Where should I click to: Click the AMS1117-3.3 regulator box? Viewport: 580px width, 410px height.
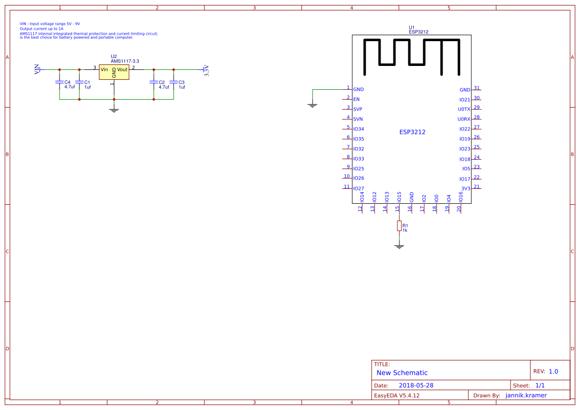point(114,71)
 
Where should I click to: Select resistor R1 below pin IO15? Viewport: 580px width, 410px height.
point(399,226)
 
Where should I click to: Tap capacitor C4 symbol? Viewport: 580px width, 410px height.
point(60,82)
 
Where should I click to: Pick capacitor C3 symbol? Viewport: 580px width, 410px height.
point(174,82)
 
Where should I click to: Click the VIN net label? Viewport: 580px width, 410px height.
point(37,69)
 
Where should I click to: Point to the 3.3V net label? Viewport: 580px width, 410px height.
point(206,70)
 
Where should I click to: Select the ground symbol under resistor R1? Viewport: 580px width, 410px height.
point(399,246)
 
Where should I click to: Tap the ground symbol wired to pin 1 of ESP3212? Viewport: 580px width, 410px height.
point(313,105)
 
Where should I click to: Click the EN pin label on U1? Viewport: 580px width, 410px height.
point(356,99)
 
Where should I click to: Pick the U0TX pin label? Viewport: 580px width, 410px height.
point(464,109)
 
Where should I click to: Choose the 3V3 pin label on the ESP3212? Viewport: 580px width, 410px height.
point(465,188)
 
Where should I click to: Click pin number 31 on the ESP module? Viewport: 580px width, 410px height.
point(477,88)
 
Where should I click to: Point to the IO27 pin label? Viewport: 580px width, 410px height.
point(359,188)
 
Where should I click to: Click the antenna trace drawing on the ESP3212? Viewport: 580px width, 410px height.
point(411,55)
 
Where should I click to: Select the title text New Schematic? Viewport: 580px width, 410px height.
point(402,373)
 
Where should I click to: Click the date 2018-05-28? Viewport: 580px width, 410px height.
point(416,385)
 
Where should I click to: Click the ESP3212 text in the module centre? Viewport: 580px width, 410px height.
point(412,132)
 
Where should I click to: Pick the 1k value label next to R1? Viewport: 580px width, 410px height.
point(405,231)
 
